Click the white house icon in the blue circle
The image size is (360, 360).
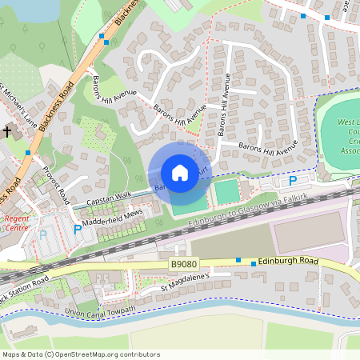[x=180, y=173]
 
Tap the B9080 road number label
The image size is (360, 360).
[x=182, y=264]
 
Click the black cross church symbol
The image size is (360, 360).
[x=8, y=130]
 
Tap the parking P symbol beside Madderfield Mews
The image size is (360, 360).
[x=78, y=229]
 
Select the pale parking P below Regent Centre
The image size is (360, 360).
[x=43, y=235]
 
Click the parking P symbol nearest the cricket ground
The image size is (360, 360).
[x=293, y=181]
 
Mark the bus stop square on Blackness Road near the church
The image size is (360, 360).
[x=28, y=152]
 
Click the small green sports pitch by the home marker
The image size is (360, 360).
[x=227, y=191]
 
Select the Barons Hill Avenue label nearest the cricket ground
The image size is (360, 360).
[x=268, y=148]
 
